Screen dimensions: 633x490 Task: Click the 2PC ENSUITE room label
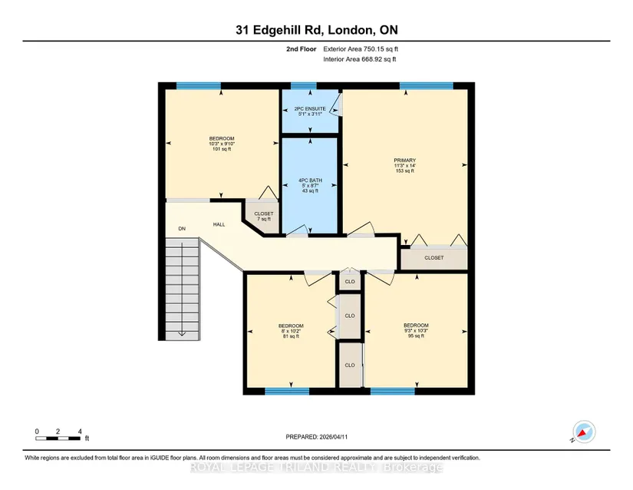(310, 111)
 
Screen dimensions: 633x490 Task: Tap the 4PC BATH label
(310, 185)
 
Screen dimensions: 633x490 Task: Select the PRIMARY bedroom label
(405, 165)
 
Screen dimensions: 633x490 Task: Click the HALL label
(219, 224)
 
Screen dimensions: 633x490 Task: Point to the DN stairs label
(182, 229)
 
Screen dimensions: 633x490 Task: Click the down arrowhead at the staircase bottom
(182, 333)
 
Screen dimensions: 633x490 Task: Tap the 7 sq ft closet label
(264, 216)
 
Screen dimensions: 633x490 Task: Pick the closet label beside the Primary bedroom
(434, 258)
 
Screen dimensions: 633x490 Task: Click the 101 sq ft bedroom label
(222, 144)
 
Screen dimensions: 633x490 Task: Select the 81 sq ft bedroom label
(291, 331)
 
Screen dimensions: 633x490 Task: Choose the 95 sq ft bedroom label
(416, 330)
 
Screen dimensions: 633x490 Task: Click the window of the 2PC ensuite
(304, 86)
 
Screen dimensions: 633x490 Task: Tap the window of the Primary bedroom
(427, 86)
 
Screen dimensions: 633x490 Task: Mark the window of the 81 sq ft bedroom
(287, 391)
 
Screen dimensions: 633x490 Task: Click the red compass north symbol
(582, 434)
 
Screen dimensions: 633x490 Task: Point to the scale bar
(58, 439)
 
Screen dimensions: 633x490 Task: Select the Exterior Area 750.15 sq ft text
(361, 49)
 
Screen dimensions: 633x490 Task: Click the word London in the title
(350, 30)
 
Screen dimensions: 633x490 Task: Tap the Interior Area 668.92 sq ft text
(360, 59)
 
